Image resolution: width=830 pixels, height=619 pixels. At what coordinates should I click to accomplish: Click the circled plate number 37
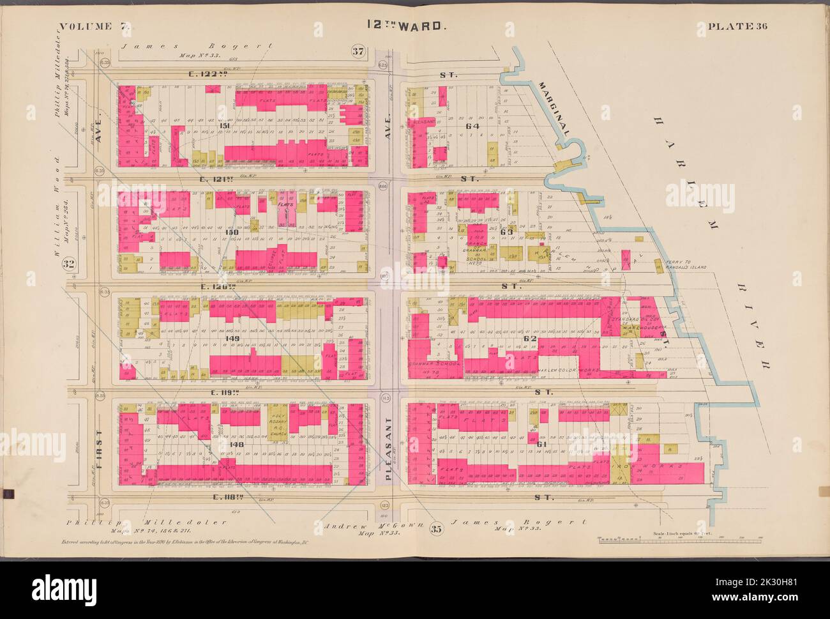pos(358,50)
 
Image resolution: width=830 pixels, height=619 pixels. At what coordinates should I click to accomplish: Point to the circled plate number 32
pos(70,264)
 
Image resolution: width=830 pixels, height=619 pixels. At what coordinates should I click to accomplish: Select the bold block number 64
pos(472,126)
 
